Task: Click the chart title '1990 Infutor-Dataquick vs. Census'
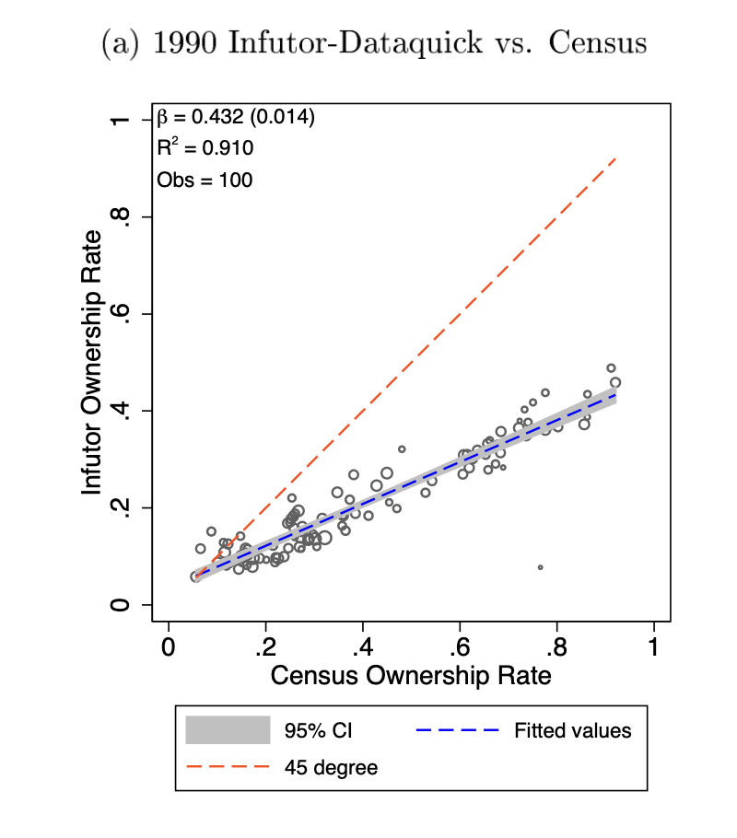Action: pos(373,43)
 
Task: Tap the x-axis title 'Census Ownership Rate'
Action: pos(411,676)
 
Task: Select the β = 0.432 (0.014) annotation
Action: pos(237,117)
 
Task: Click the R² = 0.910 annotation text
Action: pos(205,147)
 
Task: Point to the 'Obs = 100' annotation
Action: pos(205,180)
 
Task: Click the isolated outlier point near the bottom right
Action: pos(540,567)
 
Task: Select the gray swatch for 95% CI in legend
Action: pos(228,731)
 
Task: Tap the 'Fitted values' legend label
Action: pos(573,731)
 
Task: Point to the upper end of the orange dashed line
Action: pos(615,158)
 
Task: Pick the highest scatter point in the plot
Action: pos(611,368)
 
